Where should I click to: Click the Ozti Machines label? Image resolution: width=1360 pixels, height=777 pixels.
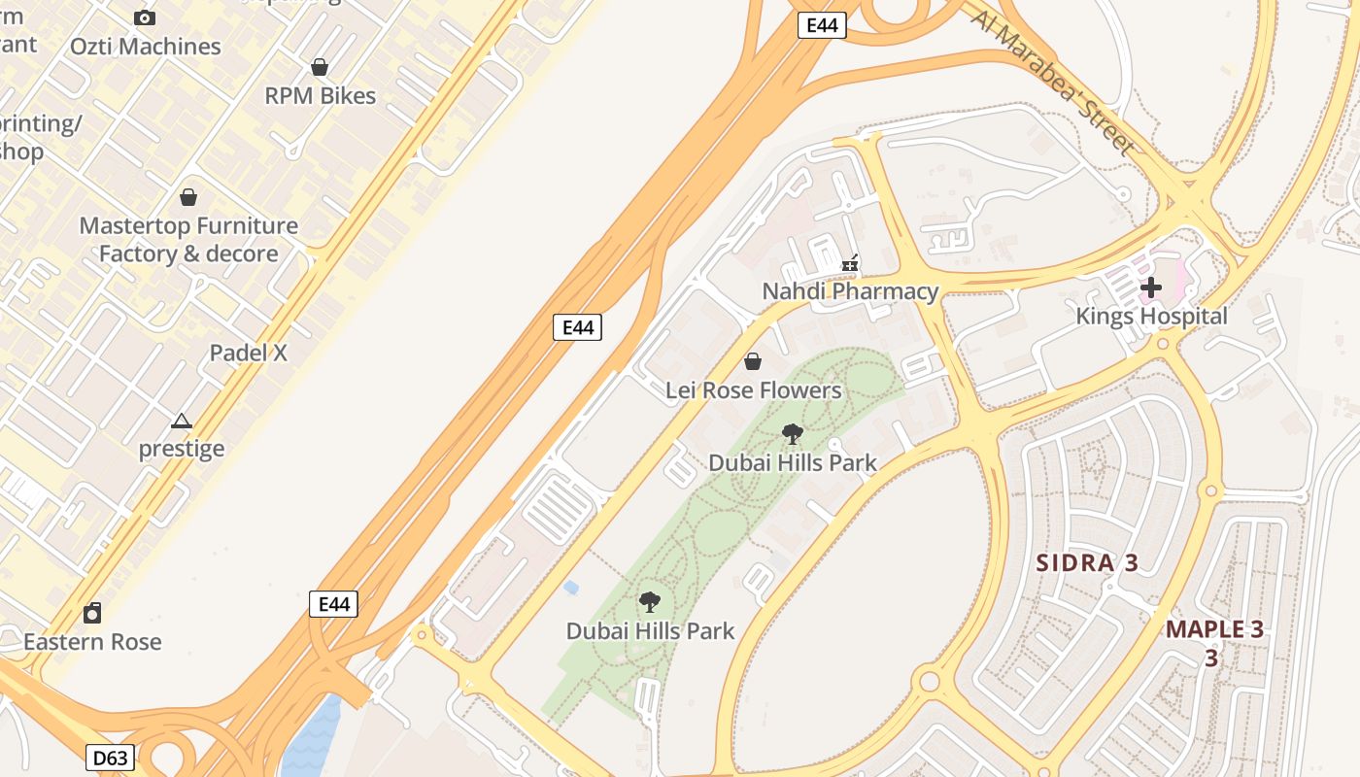146,47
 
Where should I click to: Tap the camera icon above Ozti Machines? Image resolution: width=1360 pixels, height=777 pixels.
145,17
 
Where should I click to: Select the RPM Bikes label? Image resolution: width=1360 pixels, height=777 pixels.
321,96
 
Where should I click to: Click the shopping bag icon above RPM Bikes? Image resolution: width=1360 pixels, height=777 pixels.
320,67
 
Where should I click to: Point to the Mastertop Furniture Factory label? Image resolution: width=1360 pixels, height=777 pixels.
188,240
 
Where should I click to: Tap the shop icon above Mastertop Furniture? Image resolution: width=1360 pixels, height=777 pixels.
188,197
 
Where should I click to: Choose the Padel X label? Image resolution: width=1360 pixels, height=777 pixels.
249,353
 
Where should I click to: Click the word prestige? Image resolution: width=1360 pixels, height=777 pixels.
182,449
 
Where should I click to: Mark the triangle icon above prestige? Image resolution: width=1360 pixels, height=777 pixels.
182,421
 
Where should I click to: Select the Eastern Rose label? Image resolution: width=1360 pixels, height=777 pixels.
92,642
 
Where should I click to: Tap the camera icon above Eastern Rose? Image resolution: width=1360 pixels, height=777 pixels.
92,613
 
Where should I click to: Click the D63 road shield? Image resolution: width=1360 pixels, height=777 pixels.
110,758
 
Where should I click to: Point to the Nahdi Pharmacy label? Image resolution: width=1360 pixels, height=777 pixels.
850,291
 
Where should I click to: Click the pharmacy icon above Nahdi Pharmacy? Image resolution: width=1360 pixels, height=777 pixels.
850,262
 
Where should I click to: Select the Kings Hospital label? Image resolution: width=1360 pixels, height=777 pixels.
1151,317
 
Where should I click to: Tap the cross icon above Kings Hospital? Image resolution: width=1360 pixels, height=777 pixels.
1151,287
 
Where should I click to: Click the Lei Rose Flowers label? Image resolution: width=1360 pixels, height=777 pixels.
753,390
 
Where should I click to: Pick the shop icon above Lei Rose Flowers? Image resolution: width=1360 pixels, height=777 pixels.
753,362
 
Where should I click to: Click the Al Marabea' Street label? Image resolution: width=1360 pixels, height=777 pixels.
1053,83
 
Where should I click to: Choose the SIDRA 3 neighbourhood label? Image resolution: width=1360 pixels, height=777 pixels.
1087,563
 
